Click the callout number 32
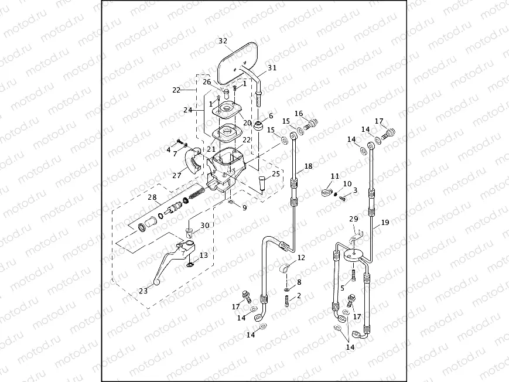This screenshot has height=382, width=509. pos(223,41)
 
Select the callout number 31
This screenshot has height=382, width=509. pos(272,68)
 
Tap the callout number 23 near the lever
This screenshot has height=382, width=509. pos(143,289)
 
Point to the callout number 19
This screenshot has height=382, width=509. pos(385,222)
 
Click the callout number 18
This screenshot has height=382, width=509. pos(309,166)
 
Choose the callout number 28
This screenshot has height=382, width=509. pos(153,197)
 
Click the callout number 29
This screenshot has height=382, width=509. pos(353,219)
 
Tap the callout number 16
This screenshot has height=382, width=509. pos(299,114)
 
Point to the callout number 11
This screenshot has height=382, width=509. pos(334,176)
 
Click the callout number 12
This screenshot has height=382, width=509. pos(301,258)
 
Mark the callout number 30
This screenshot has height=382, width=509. pos(204,226)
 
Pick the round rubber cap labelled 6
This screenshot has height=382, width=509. pos(260,126)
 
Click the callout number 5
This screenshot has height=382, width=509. pos(343,288)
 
